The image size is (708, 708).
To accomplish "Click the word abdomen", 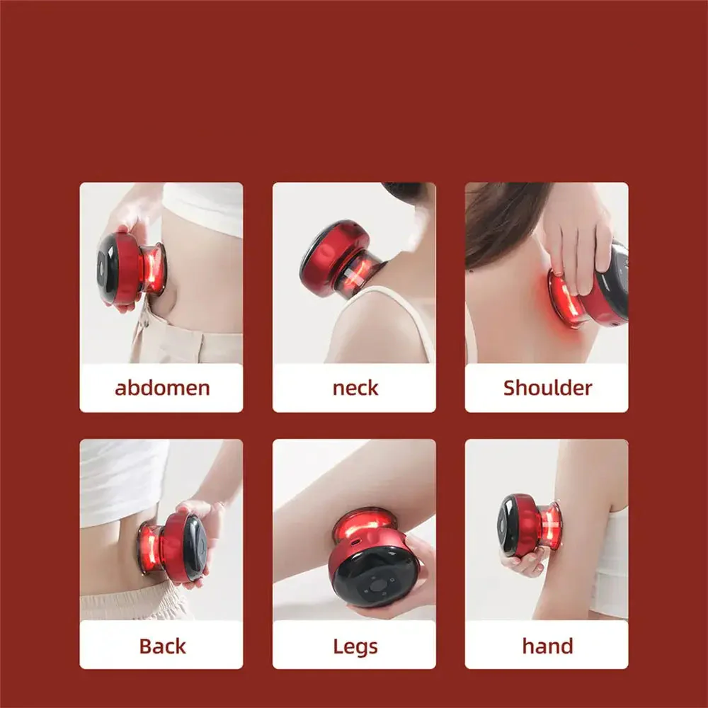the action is coord(162,388).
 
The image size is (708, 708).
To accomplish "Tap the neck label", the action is coord(355,388).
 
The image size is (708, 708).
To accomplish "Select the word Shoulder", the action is coord(547,388).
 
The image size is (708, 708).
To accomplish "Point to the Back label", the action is coord(162,646).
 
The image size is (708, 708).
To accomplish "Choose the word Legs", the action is coord(355,646).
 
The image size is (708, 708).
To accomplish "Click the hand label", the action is coord(547,646).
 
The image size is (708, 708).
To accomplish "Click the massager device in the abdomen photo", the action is coord(132,269).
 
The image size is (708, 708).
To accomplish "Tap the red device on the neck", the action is coord(342,260).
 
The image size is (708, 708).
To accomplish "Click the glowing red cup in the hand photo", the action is coord(551,525).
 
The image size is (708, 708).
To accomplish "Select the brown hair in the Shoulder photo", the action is coord(501,221).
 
